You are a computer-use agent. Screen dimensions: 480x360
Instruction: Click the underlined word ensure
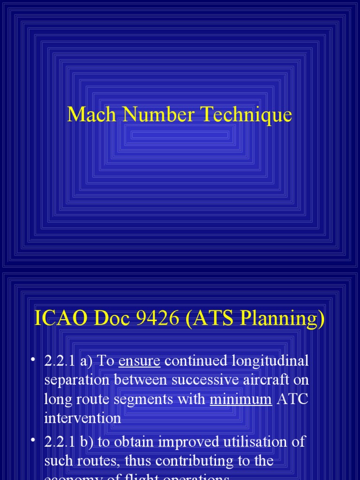click(x=140, y=361)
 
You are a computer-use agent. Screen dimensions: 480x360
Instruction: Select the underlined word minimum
click(x=241, y=399)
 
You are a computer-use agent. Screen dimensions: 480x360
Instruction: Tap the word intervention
click(x=82, y=418)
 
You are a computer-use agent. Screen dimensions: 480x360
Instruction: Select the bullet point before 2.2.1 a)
click(x=33, y=360)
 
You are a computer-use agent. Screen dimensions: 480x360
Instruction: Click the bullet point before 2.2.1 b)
click(x=33, y=440)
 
